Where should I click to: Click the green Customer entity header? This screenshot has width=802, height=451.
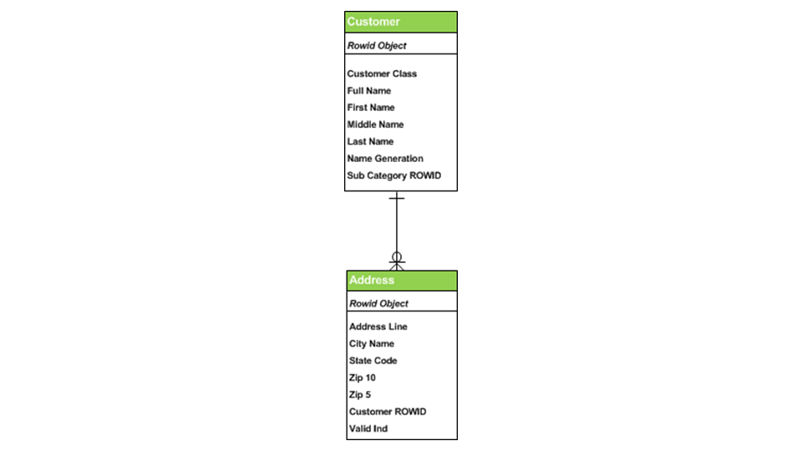[x=400, y=22]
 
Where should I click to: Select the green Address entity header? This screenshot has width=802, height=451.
[x=402, y=280]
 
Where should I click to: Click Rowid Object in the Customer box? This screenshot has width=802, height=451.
[x=377, y=45]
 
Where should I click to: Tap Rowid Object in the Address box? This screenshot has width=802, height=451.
[x=378, y=303]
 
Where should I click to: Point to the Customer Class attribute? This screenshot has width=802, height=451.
[x=382, y=73]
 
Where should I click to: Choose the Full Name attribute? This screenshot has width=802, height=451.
[x=369, y=90]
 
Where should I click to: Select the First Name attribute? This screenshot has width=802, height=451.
[x=371, y=108]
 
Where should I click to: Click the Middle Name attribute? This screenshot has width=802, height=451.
[x=375, y=124]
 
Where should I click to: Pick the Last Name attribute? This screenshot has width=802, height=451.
[x=370, y=141]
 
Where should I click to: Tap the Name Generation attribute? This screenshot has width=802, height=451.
[x=385, y=158]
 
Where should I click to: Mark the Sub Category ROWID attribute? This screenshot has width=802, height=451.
[x=393, y=175]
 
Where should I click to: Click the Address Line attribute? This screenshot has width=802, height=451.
[x=378, y=327]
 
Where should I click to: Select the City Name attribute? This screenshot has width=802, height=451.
[x=372, y=343]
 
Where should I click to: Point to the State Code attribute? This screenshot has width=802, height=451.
[x=373, y=361]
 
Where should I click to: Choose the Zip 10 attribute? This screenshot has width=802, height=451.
[x=363, y=378]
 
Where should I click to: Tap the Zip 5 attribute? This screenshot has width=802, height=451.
[x=360, y=394]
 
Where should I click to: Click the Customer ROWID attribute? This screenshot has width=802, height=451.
[x=388, y=412]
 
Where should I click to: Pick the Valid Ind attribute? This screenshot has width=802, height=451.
[x=368, y=428]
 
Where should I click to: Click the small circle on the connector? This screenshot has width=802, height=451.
[x=397, y=256]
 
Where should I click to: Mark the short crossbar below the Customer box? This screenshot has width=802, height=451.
[x=397, y=199]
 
